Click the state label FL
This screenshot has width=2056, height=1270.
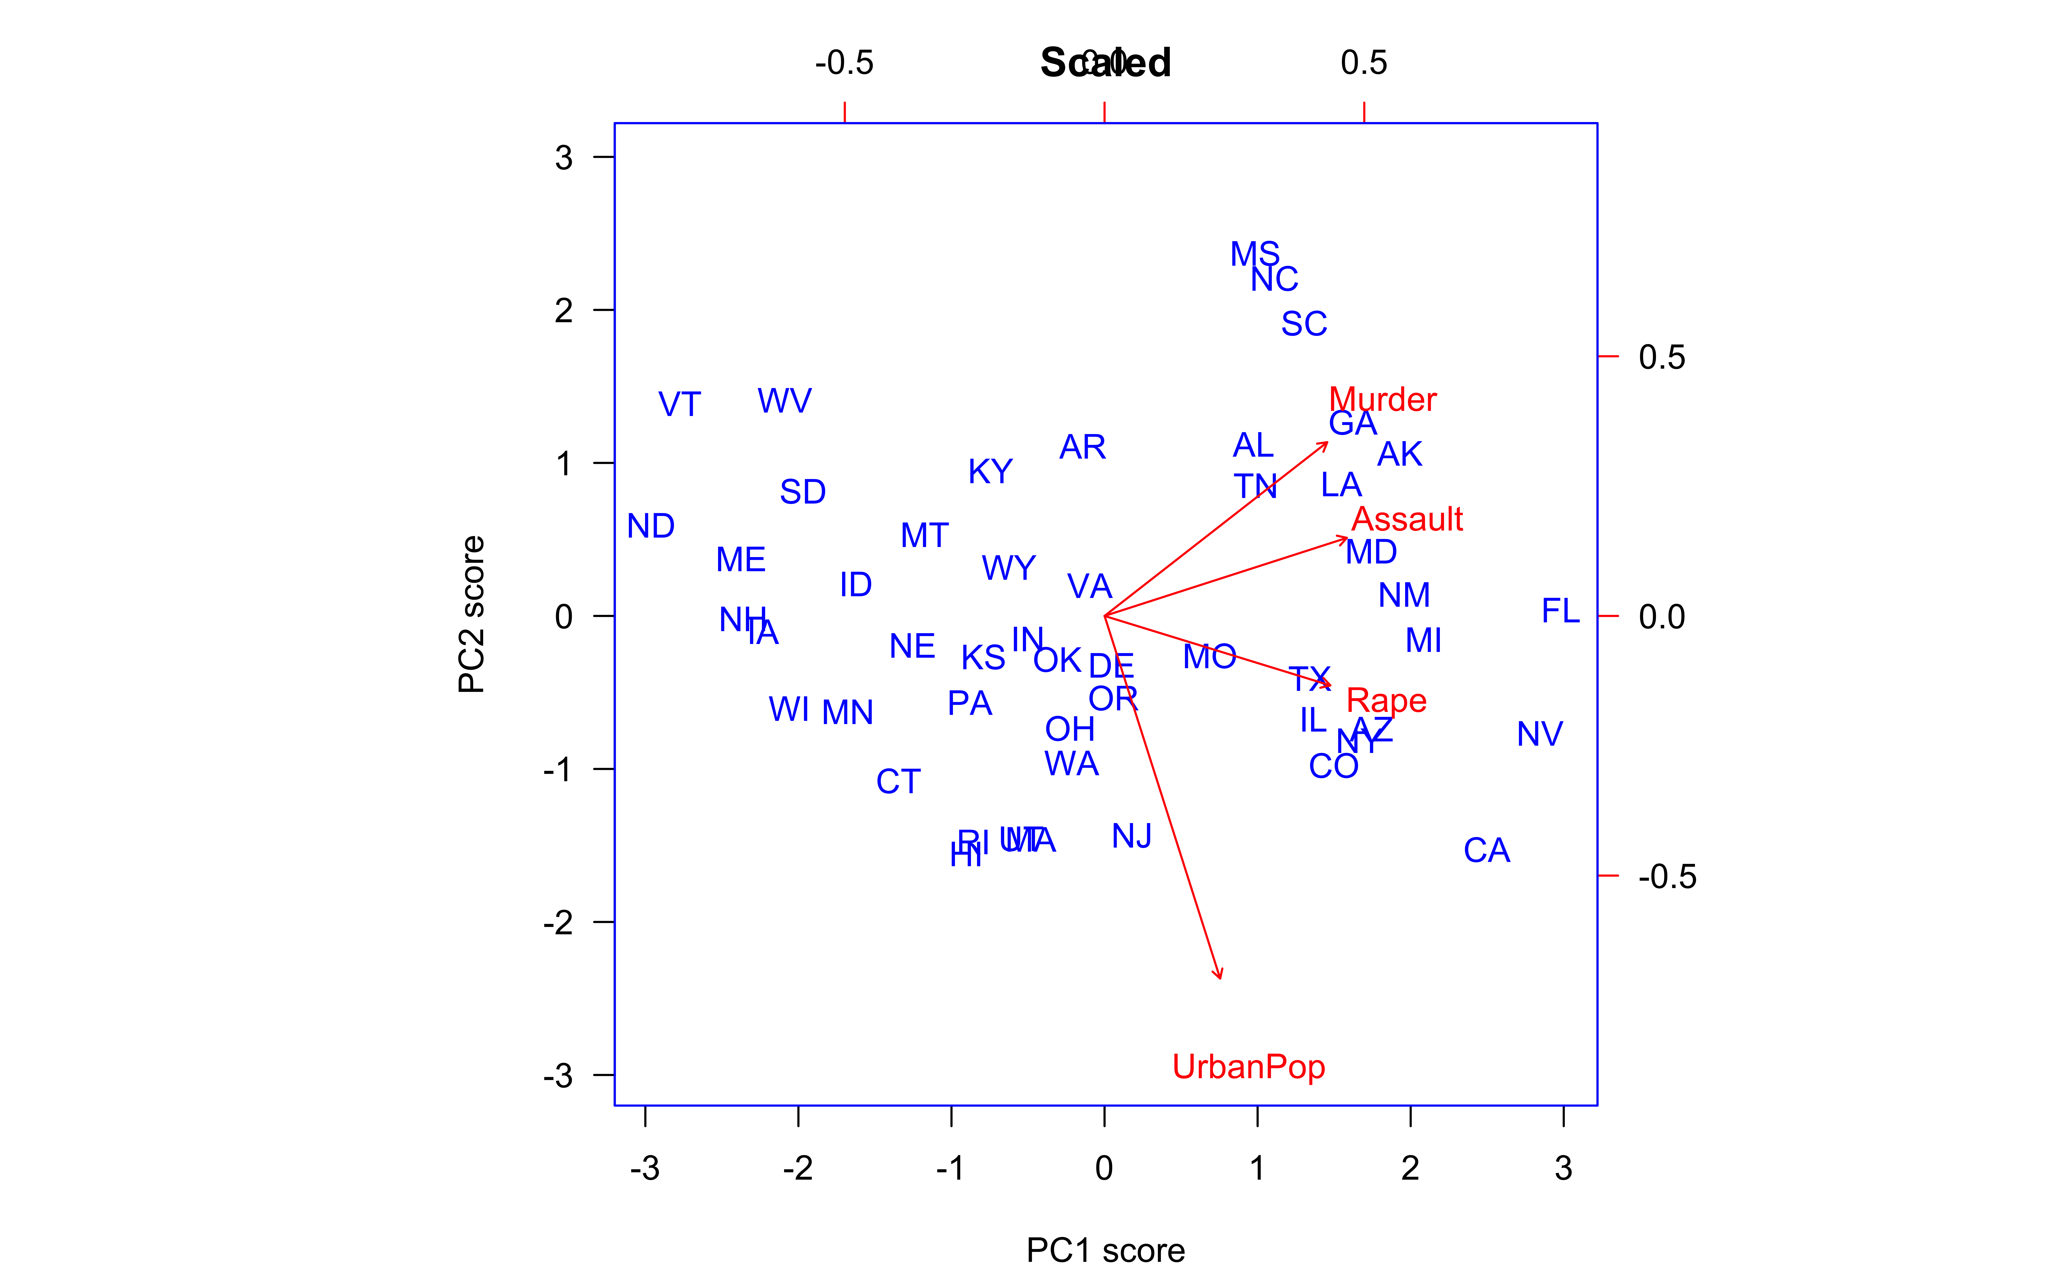1560,611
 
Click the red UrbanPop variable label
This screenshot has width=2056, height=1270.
1249,1067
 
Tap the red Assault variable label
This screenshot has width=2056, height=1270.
1407,519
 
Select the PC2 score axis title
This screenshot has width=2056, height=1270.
471,615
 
